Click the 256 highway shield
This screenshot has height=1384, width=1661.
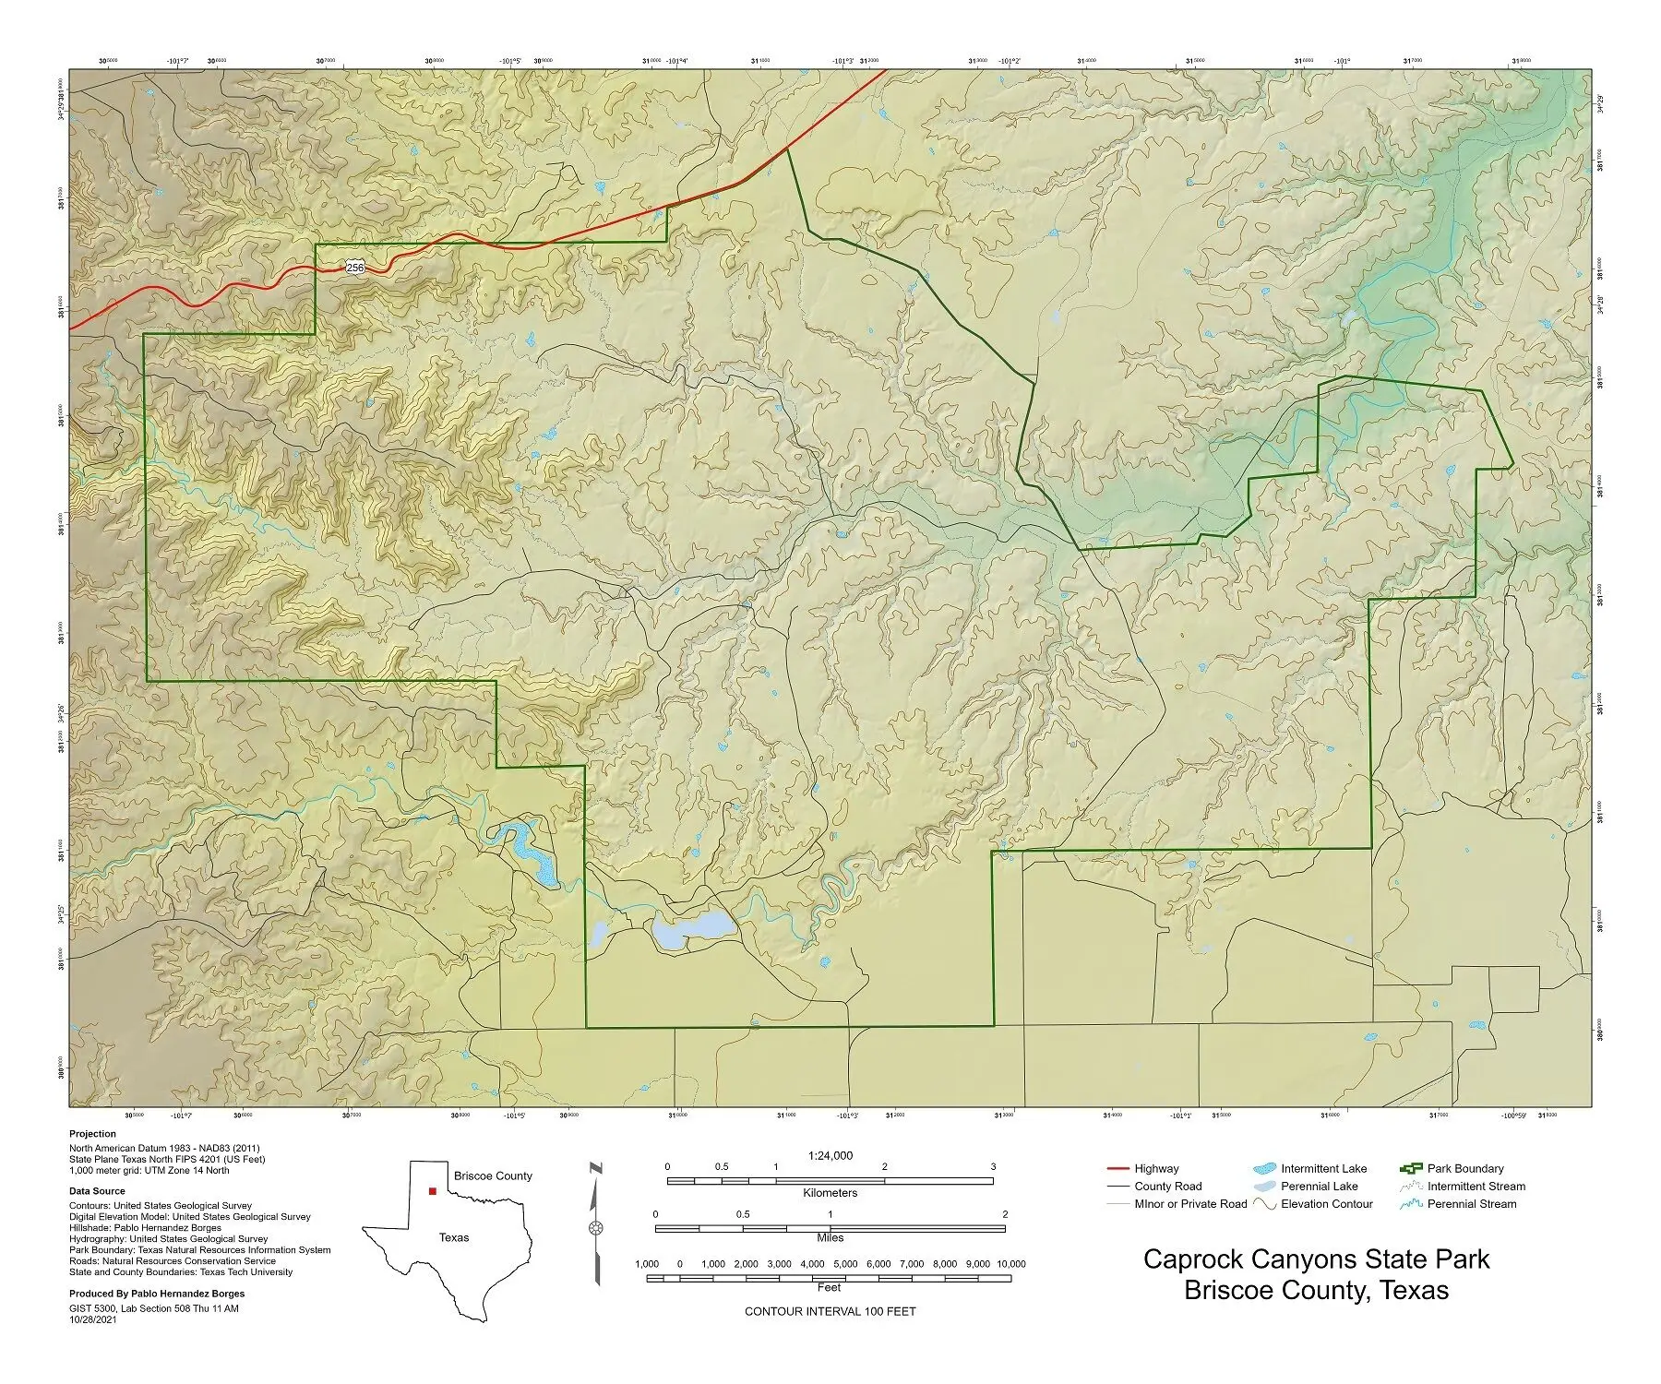coord(355,268)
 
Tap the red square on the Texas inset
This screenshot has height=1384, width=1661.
coord(432,1191)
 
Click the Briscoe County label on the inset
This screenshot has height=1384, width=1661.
coord(493,1175)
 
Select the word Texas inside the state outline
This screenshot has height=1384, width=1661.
coord(453,1237)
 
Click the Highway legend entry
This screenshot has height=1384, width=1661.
coord(1155,1168)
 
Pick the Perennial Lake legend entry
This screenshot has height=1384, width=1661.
coord(1319,1186)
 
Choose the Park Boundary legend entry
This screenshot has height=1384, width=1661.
coord(1464,1168)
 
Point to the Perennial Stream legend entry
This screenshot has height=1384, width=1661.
coord(1471,1203)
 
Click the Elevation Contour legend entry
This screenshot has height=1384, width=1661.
coord(1326,1203)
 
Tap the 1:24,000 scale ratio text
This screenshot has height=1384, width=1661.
coord(830,1155)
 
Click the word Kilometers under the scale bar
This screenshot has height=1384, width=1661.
coord(830,1193)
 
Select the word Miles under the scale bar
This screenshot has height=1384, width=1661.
coord(830,1238)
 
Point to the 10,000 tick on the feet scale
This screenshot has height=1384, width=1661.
coord(1010,1264)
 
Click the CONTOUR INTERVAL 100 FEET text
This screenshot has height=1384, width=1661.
coord(830,1311)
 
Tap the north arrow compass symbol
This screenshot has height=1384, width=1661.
coord(596,1228)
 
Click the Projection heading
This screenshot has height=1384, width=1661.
coord(92,1134)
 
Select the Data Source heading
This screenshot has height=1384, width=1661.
coord(97,1191)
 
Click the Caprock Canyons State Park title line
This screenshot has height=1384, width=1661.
coord(1316,1259)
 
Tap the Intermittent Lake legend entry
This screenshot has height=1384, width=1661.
coord(1323,1168)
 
